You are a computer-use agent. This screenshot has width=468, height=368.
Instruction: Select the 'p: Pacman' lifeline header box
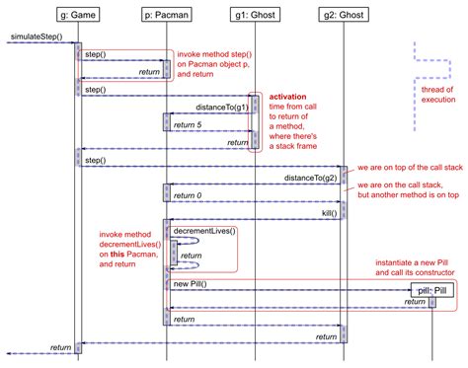(x=165, y=16)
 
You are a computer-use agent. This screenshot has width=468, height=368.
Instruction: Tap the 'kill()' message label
(x=330, y=212)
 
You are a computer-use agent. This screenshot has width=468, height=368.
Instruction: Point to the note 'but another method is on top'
(x=405, y=194)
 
